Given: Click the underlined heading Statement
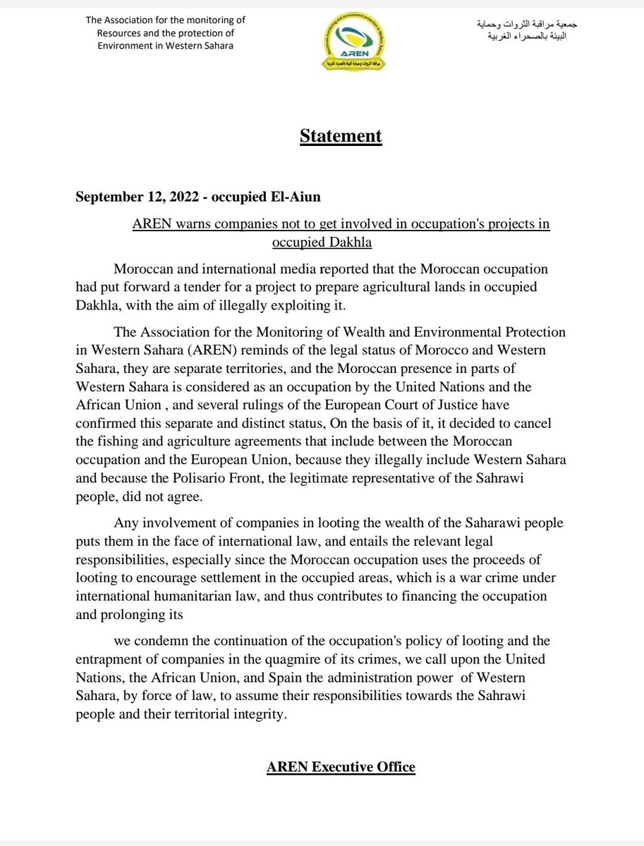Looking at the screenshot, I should click(341, 135).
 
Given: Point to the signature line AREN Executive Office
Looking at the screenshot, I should click(341, 767).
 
